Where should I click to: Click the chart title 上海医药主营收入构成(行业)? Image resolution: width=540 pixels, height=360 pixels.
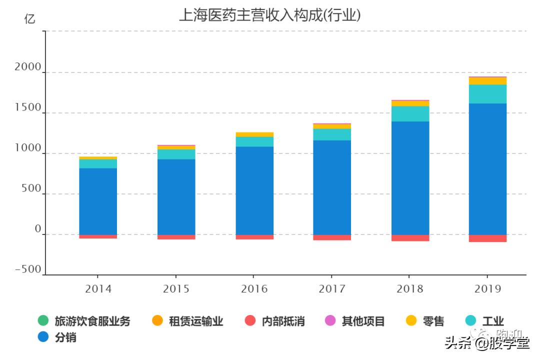pyautogui.click(x=270, y=15)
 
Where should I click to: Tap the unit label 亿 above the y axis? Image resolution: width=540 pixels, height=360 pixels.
pyautogui.click(x=30, y=19)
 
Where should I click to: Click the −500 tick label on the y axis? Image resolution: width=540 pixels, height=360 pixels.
pyautogui.click(x=28, y=269)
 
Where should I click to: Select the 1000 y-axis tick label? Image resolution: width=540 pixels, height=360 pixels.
pyautogui.click(x=28, y=148)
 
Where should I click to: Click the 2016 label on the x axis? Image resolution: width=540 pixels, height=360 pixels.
pyautogui.click(x=254, y=289)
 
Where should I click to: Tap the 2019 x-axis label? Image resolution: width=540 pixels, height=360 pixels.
pyautogui.click(x=487, y=289)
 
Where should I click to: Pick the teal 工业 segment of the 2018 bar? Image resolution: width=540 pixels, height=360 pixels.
pyautogui.click(x=410, y=113)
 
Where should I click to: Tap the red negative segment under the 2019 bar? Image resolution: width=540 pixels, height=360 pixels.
pyautogui.click(x=487, y=238)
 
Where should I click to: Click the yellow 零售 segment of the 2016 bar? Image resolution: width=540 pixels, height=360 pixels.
pyautogui.click(x=254, y=134)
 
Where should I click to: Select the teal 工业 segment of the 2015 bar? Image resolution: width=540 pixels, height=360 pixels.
pyautogui.click(x=176, y=154)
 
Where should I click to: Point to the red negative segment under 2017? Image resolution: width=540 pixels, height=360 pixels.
pyautogui.click(x=332, y=237)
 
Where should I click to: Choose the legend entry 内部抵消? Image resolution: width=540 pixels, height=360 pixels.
pyautogui.click(x=275, y=321)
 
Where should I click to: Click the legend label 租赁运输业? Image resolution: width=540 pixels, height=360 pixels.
pyautogui.click(x=187, y=321)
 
